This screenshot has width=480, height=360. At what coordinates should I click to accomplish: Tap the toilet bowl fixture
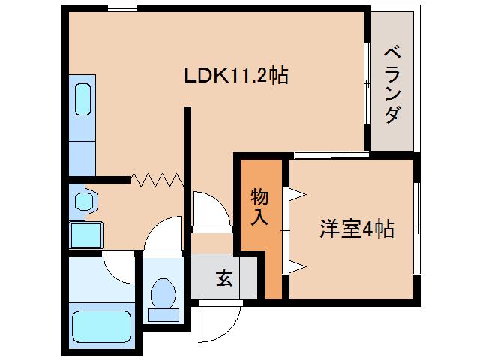(x=162, y=294)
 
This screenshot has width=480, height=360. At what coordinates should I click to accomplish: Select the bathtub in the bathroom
(x=100, y=327)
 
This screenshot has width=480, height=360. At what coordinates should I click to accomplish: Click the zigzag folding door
(x=156, y=179)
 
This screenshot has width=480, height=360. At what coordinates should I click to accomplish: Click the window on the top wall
(x=121, y=8)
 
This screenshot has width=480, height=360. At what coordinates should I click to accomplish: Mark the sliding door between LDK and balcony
(x=367, y=82)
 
